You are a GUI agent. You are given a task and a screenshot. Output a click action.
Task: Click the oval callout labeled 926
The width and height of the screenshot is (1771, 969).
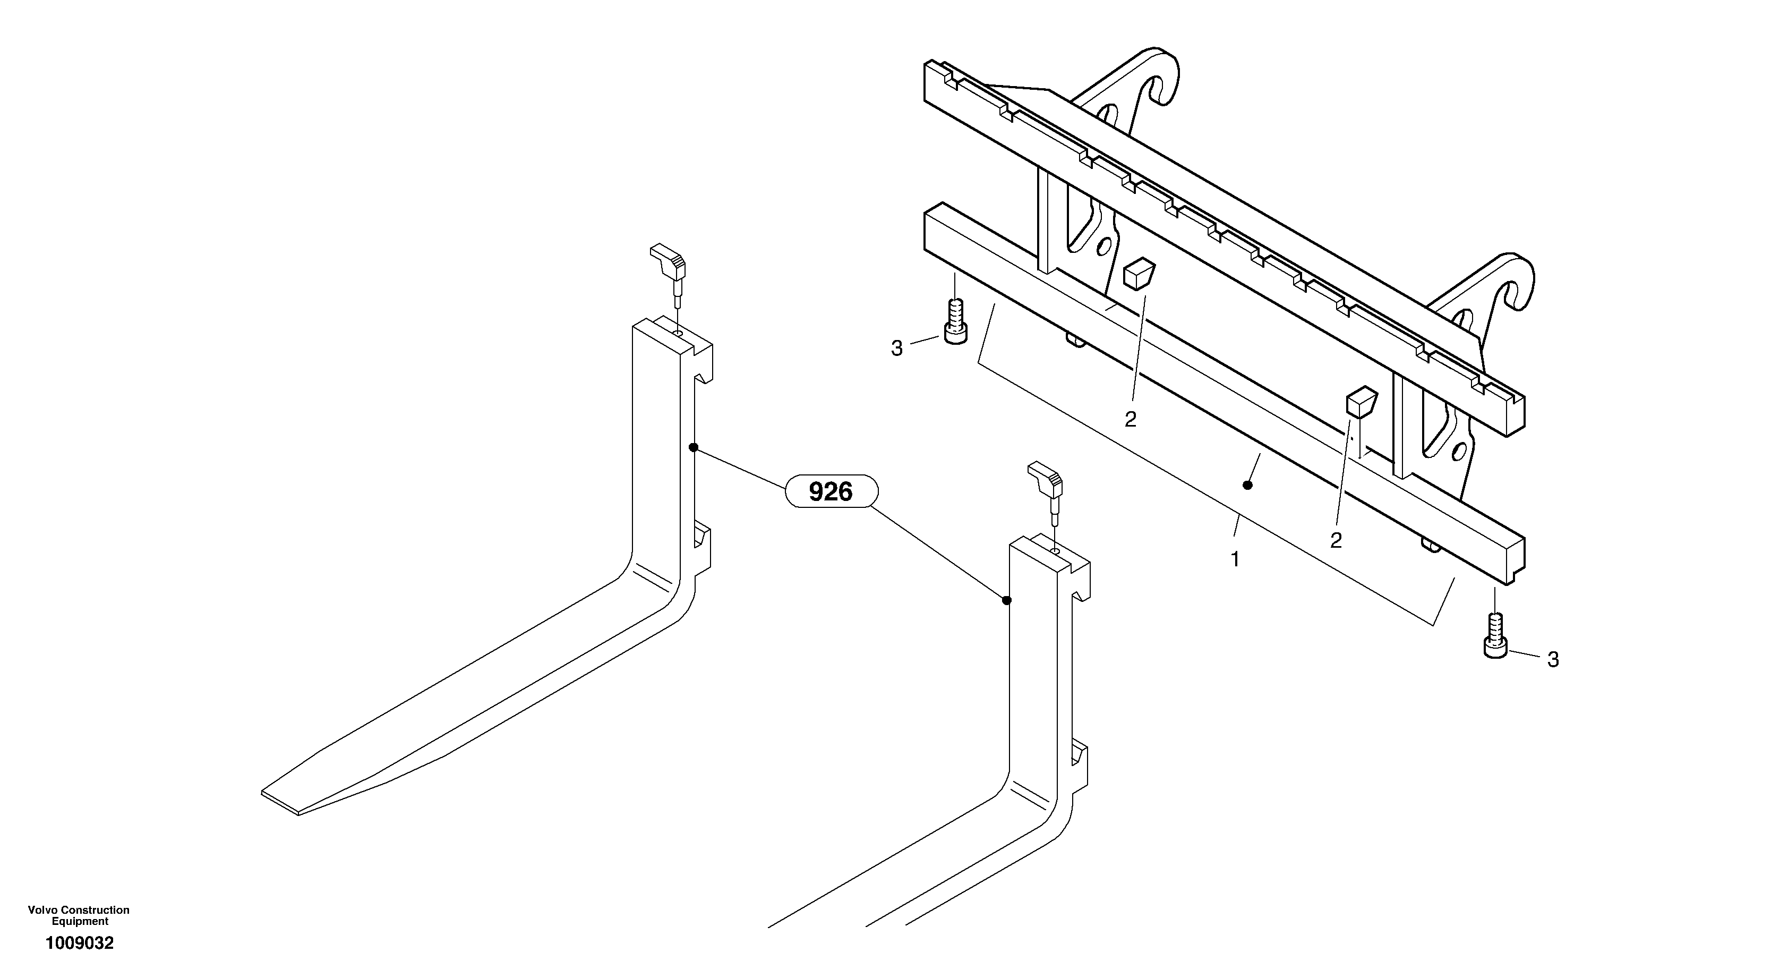(x=831, y=492)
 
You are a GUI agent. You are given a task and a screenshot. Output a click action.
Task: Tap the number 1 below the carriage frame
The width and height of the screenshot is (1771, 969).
(x=1235, y=559)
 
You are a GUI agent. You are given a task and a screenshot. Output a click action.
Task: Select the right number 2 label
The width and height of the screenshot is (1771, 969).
(x=1335, y=540)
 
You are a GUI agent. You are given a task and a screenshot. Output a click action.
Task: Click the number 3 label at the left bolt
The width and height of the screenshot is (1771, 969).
(x=896, y=348)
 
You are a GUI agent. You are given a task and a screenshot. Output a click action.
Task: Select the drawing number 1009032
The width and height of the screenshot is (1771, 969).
(x=79, y=943)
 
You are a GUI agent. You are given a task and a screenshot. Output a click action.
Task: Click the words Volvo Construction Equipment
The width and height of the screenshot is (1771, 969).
(x=79, y=915)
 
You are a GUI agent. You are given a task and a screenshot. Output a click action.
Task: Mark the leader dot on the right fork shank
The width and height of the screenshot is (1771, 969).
(x=1006, y=600)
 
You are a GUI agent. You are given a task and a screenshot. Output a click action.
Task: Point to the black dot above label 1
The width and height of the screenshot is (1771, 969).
(x=1248, y=486)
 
